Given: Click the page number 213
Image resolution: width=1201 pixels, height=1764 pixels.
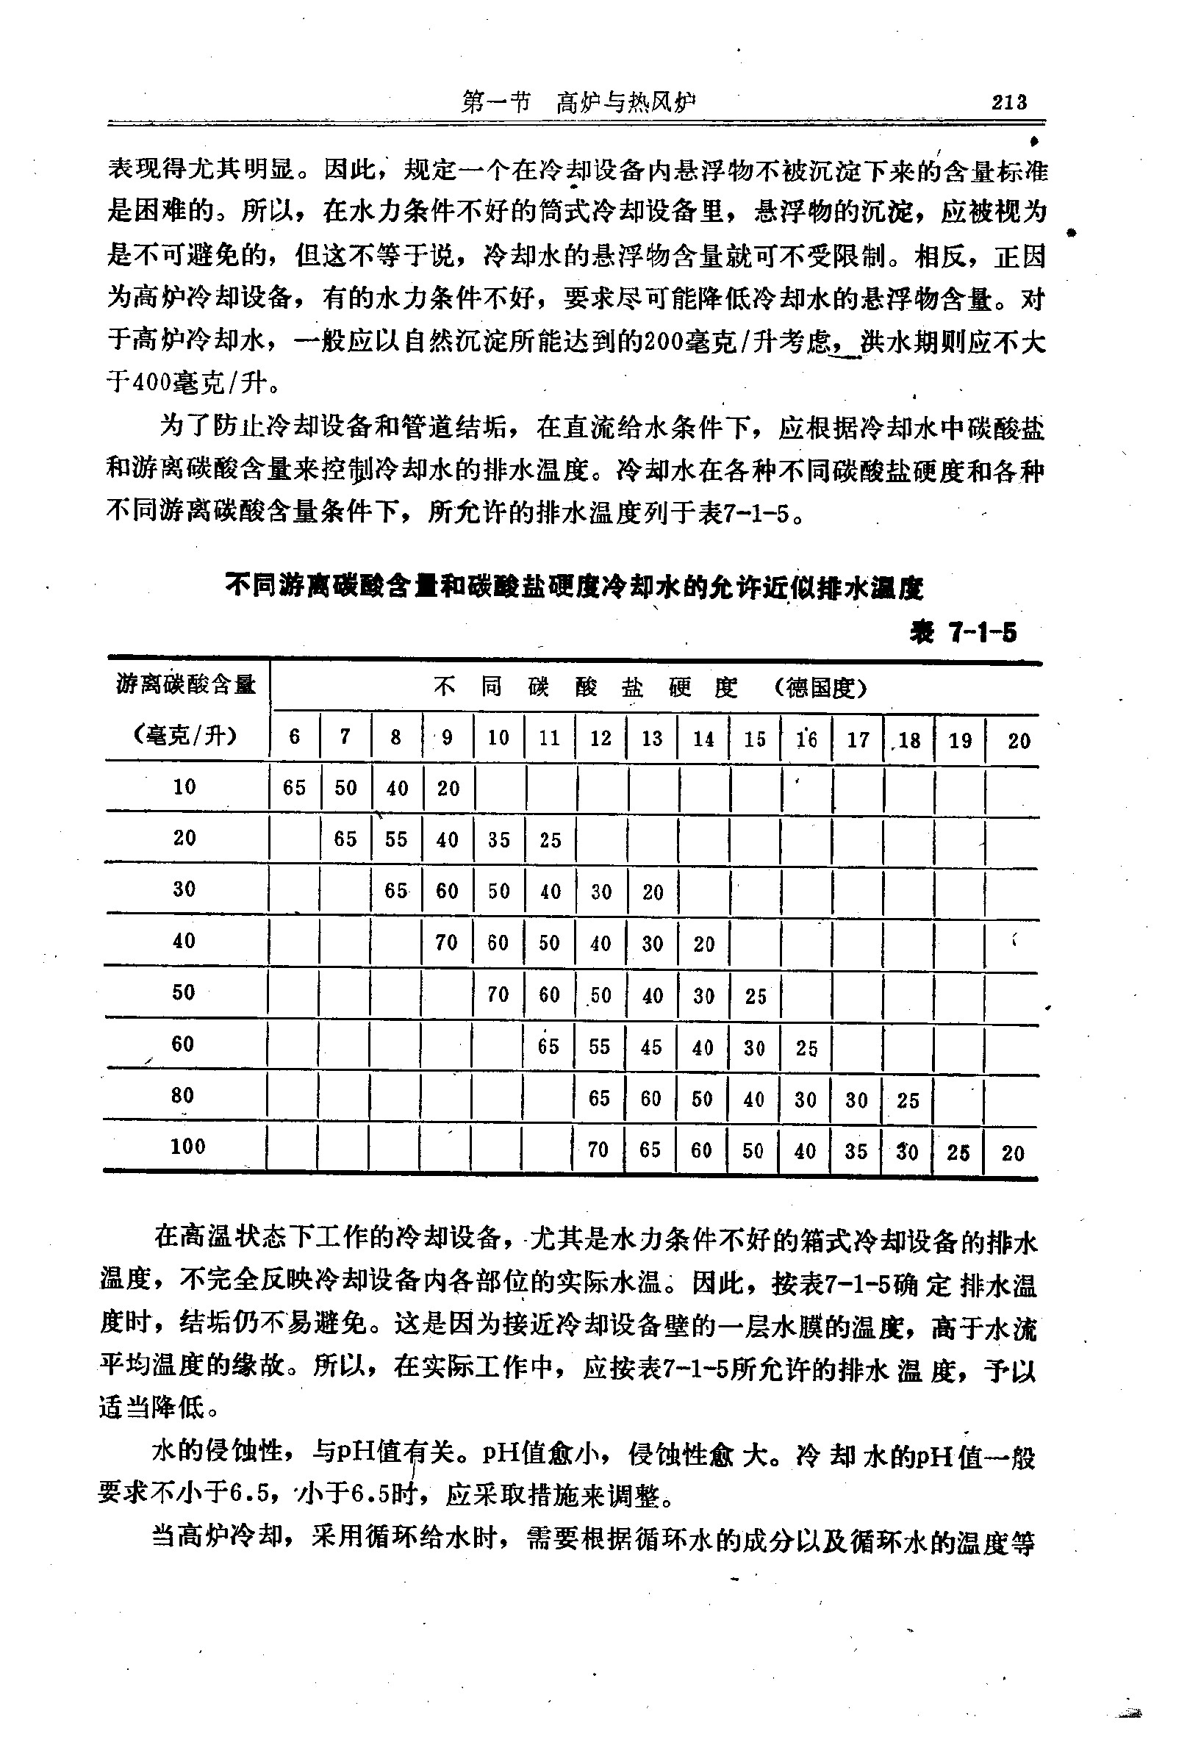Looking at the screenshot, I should pyautogui.click(x=1009, y=101).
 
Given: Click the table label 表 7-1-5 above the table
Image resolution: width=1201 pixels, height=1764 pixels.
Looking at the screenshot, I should pyautogui.click(x=964, y=631).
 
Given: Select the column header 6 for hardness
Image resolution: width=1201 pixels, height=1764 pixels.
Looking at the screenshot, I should pyautogui.click(x=295, y=736).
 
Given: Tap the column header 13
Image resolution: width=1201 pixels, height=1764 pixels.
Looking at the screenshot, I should pyautogui.click(x=652, y=738).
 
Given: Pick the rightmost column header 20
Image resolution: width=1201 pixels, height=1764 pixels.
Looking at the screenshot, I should pyautogui.click(x=1019, y=741).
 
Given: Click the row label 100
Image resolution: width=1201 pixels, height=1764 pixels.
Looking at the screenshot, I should pyautogui.click(x=187, y=1146).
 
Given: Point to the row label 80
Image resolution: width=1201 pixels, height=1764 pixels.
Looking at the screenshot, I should pyautogui.click(x=183, y=1094).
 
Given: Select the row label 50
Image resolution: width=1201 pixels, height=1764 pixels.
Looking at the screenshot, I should pyautogui.click(x=183, y=992).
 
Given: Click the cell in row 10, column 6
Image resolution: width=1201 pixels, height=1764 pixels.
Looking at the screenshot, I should pyautogui.click(x=295, y=787).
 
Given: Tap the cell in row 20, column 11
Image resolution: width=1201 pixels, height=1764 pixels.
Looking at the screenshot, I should pyautogui.click(x=550, y=839).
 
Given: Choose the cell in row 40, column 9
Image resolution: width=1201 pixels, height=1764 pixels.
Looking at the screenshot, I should pyautogui.click(x=446, y=942).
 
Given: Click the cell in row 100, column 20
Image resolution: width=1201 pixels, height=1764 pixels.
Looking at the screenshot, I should pyautogui.click(x=1013, y=1154).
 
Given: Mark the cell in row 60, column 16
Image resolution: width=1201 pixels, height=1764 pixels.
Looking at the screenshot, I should pyautogui.click(x=806, y=1048).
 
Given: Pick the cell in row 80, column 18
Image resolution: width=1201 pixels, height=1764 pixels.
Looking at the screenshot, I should pyautogui.click(x=908, y=1100).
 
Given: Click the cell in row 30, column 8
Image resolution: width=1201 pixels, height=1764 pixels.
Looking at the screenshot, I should pyautogui.click(x=395, y=890).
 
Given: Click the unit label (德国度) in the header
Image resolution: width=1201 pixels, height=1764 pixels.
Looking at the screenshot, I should pyautogui.click(x=820, y=689).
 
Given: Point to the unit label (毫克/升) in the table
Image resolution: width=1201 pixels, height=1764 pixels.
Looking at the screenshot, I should pyautogui.click(x=185, y=736).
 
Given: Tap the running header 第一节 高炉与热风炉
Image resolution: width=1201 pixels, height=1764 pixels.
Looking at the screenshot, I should pyautogui.click(x=578, y=102).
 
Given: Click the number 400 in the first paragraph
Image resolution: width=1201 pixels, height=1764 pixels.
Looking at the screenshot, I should pyautogui.click(x=153, y=381).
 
